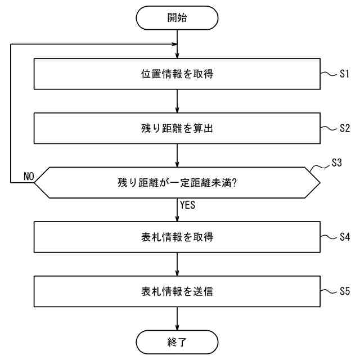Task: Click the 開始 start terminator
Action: click(x=177, y=17)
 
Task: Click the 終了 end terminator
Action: click(x=177, y=341)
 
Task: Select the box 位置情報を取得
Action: click(x=177, y=74)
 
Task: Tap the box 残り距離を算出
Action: click(x=177, y=128)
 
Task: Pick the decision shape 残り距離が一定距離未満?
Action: click(x=177, y=182)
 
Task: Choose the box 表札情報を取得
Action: click(x=177, y=237)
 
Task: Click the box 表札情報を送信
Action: click(x=177, y=291)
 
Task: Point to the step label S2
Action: click(x=345, y=128)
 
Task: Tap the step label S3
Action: click(x=335, y=163)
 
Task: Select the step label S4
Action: click(x=345, y=237)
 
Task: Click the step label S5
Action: click(x=345, y=291)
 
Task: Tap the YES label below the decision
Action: click(x=187, y=206)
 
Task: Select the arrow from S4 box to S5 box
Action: click(x=177, y=264)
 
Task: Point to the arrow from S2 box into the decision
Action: click(x=177, y=155)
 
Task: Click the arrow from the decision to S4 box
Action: click(x=177, y=210)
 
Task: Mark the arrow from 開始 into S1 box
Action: click(x=177, y=45)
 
